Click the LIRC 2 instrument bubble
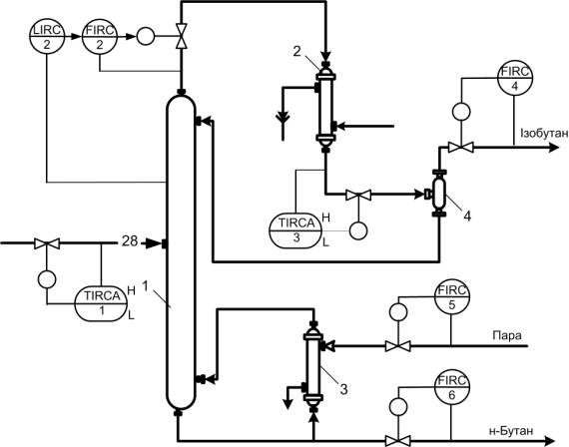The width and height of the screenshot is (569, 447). pyautogui.click(x=47, y=36)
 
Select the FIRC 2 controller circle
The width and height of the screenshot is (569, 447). pyautogui.click(x=100, y=36)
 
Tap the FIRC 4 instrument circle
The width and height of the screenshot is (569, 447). pyautogui.click(x=514, y=78)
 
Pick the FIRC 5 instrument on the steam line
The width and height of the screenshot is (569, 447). pyautogui.click(x=452, y=296)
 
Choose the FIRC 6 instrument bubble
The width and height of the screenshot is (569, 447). pyautogui.click(x=452, y=387)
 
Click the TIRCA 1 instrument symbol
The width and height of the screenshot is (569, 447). pyautogui.click(x=102, y=303)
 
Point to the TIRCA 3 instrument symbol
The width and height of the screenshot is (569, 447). pyautogui.click(x=296, y=230)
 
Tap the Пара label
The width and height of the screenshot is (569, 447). pyautogui.click(x=507, y=335)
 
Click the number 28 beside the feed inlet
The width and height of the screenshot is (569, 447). pyautogui.click(x=130, y=240)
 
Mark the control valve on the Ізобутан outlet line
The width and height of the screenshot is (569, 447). pyautogui.click(x=460, y=148)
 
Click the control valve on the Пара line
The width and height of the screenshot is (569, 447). pyautogui.click(x=397, y=346)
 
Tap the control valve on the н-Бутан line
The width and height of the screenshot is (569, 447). pyautogui.click(x=397, y=441)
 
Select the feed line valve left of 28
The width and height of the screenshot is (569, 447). pyautogui.click(x=47, y=243)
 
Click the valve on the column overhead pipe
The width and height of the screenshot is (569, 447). pyautogui.click(x=181, y=36)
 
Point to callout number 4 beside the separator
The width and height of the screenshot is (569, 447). pyautogui.click(x=467, y=217)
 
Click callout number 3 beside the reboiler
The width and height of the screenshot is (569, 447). pyautogui.click(x=343, y=389)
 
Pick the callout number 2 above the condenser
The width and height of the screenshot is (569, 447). pyautogui.click(x=296, y=52)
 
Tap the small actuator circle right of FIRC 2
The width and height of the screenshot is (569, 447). pyautogui.click(x=145, y=36)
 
